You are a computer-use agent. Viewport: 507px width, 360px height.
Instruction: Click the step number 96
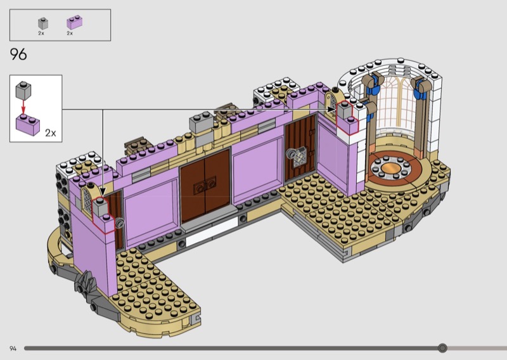[18, 55]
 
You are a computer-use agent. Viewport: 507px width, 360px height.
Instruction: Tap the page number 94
[13, 349]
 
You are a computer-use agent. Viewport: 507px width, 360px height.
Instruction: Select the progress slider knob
[442, 348]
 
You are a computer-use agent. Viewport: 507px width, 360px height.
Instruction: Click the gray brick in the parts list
[43, 23]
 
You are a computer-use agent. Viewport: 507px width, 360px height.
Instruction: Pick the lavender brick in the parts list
[74, 22]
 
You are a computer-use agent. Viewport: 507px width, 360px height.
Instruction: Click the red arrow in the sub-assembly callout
[23, 106]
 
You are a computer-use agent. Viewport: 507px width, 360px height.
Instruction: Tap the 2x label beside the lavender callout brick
[51, 133]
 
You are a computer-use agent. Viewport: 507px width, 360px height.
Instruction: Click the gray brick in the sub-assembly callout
[23, 90]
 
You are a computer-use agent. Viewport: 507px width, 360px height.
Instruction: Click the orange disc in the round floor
[390, 168]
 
